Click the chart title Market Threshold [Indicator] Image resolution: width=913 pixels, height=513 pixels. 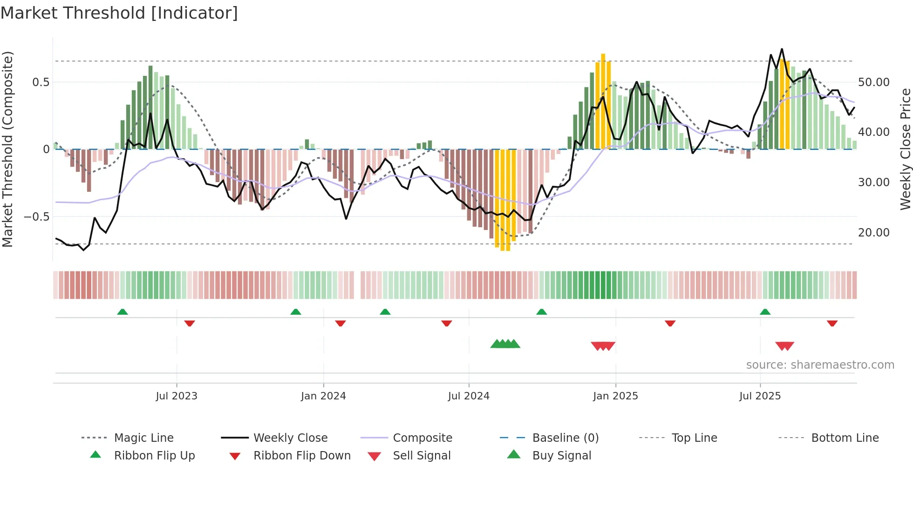tap(119, 13)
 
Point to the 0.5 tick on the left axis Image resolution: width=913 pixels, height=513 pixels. tap(41, 82)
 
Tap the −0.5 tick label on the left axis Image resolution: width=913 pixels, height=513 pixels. tap(37, 217)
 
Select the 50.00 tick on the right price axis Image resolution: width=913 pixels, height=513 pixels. tap(874, 82)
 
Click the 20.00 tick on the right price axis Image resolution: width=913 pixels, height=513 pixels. tap(874, 232)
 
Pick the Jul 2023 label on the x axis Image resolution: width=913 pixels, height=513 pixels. tap(177, 396)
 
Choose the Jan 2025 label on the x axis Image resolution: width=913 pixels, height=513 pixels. tap(615, 396)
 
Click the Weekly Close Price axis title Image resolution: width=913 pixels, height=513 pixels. tap(905, 149)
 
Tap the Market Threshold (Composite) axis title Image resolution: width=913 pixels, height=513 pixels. tap(7, 149)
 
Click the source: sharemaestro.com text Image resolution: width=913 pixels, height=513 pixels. tap(820, 365)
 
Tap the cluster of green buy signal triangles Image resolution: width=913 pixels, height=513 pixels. tap(505, 344)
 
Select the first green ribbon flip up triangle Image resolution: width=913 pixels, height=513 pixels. tap(123, 312)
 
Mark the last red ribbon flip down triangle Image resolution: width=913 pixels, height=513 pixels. tap(832, 323)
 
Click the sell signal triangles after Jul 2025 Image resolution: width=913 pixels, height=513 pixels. tap(784, 346)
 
